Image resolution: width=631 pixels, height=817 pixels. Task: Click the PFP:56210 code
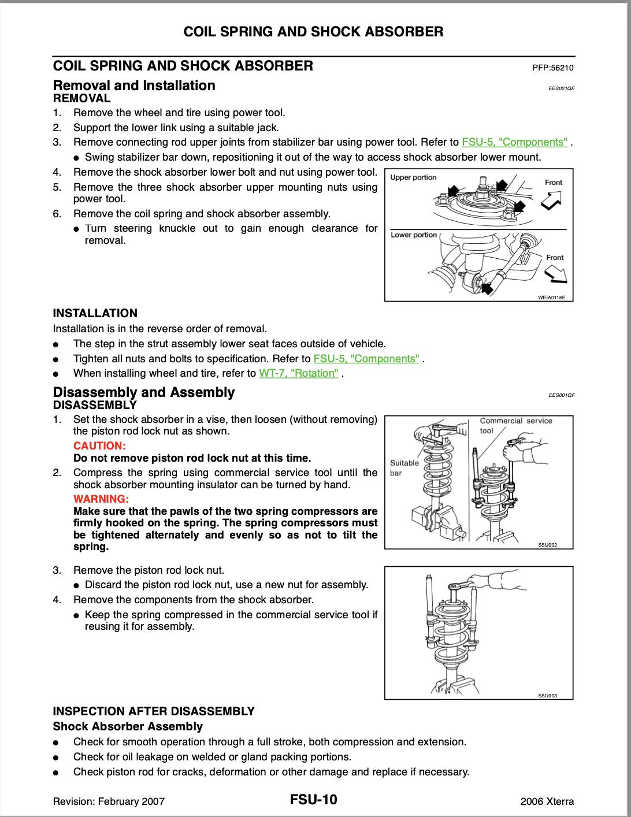pos(553,68)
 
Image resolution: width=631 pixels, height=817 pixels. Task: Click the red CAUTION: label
pos(99,446)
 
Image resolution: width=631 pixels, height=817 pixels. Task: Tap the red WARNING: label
pos(101,499)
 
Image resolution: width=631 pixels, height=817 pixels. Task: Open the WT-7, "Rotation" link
pos(299,373)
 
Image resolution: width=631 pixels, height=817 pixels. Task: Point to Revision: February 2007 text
pos(109,801)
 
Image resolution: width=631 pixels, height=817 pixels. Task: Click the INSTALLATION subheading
pos(95,313)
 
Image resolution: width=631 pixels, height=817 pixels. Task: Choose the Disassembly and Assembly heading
pos(144,392)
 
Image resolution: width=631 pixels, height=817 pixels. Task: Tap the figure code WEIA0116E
pos(551,298)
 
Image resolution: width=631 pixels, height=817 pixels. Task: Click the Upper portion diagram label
pos(414,177)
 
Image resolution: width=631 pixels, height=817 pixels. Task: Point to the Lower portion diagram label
pos(414,235)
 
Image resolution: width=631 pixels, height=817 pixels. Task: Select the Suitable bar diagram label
pos(404,467)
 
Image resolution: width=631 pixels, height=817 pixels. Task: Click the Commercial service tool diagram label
pos(515,425)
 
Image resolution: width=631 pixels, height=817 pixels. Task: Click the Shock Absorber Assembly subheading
pos(128,726)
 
